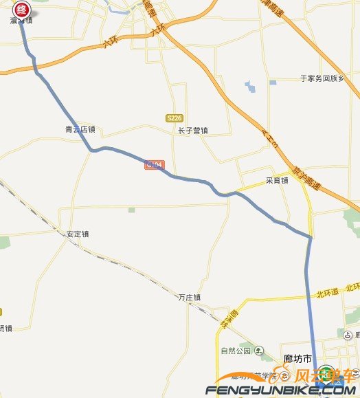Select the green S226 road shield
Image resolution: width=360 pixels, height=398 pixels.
[175, 118]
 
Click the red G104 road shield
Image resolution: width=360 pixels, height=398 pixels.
[154, 165]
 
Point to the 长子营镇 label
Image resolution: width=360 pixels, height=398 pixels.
[192, 130]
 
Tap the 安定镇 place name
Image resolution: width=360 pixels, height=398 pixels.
[78, 234]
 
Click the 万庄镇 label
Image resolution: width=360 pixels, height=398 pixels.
[189, 298]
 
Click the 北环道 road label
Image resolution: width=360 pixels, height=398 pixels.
[328, 292]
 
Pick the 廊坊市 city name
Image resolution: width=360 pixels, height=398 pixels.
[297, 358]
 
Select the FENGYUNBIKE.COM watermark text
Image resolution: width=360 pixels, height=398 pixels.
[282, 390]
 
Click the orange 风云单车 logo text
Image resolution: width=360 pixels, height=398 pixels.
[324, 376]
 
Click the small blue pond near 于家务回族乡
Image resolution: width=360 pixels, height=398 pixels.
[249, 87]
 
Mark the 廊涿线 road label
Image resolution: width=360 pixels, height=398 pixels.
[234, 317]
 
